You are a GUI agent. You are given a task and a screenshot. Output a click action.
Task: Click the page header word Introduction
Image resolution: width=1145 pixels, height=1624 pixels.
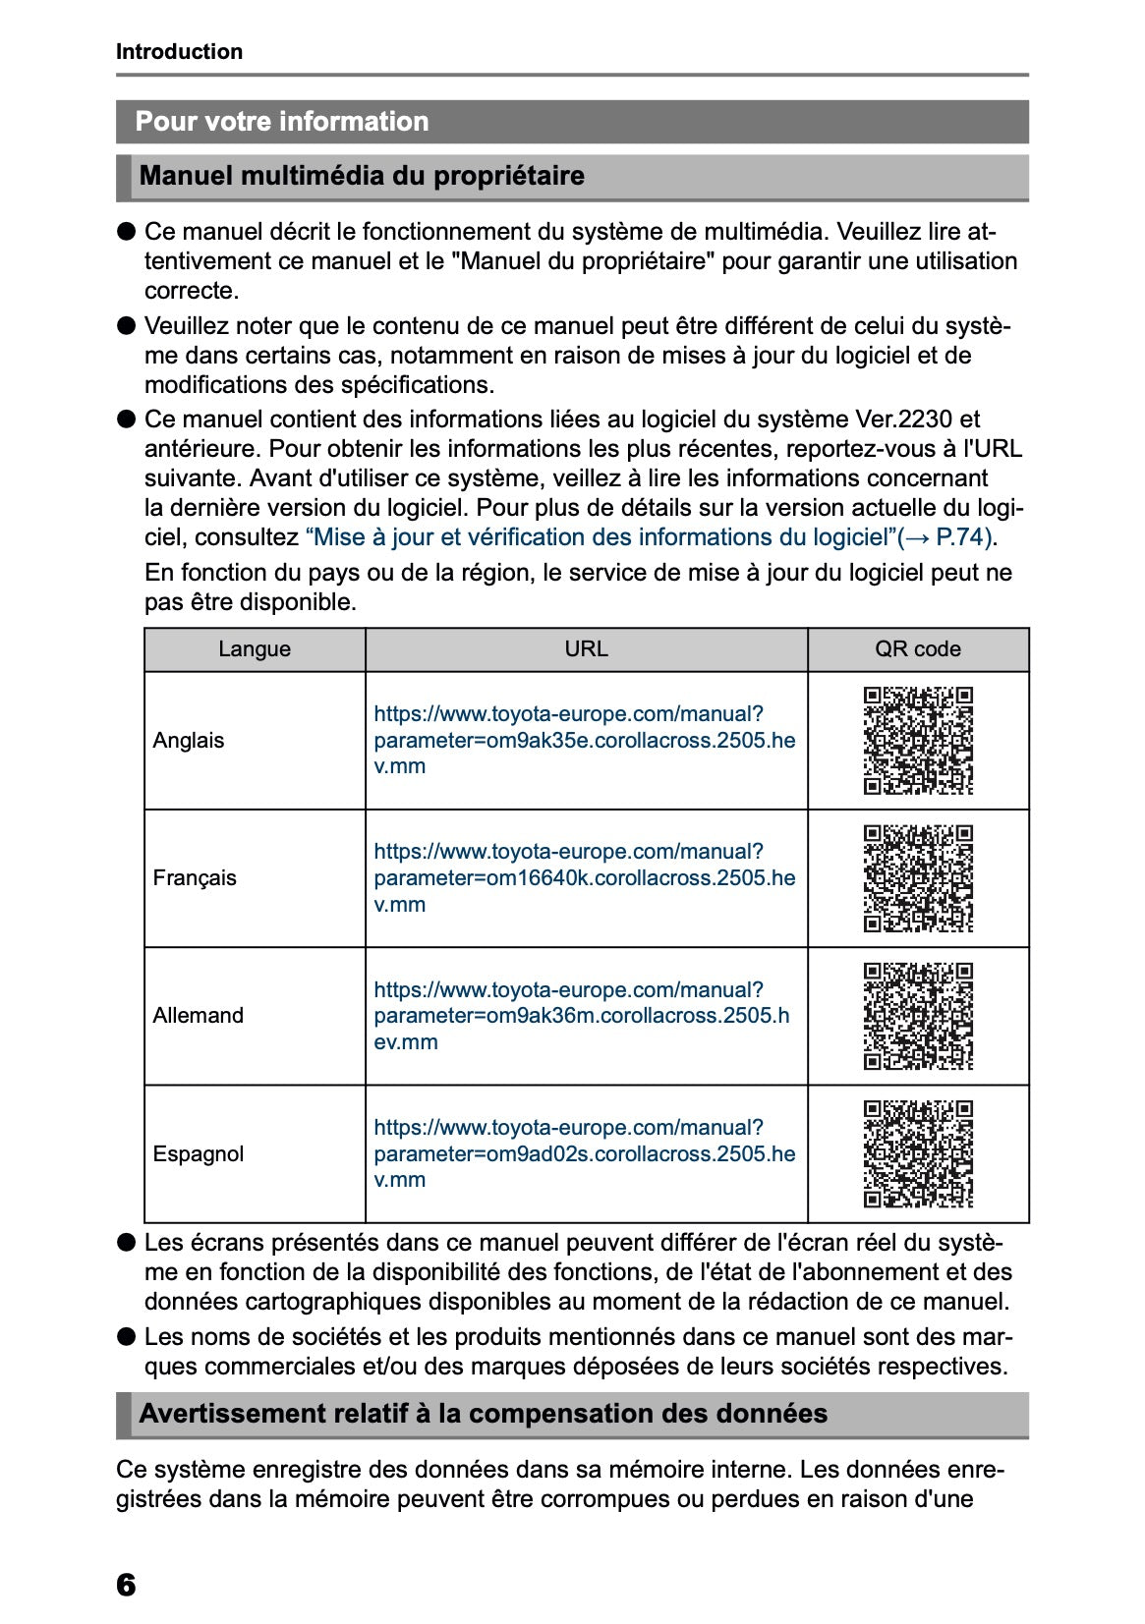click(179, 52)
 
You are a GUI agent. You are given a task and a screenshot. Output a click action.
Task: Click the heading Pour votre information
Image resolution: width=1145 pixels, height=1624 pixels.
click(282, 122)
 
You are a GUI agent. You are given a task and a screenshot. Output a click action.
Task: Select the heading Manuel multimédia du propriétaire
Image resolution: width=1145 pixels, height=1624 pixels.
click(362, 177)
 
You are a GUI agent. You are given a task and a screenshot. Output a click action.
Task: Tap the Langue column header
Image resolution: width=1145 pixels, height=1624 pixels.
click(255, 649)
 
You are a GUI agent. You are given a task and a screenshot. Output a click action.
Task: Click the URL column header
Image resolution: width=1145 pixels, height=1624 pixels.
click(586, 649)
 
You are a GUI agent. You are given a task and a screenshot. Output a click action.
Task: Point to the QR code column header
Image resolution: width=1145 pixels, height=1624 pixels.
click(917, 649)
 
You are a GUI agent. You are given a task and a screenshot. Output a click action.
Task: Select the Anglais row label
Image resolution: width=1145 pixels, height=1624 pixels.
click(189, 741)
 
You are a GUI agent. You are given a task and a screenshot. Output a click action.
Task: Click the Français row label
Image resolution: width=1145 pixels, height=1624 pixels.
click(195, 878)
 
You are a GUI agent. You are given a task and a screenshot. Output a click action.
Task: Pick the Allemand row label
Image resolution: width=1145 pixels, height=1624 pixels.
click(198, 1016)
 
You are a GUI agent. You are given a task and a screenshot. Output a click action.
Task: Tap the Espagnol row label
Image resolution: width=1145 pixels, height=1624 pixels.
click(198, 1154)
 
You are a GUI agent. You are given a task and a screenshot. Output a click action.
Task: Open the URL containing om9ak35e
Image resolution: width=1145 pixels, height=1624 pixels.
click(584, 741)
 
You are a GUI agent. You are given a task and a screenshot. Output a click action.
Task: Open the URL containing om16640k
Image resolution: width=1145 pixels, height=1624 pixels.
click(584, 878)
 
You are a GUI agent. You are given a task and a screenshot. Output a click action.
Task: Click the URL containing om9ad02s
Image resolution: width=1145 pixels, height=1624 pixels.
click(584, 1154)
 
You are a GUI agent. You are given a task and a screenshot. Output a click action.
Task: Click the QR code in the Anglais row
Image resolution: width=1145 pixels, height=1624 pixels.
click(918, 741)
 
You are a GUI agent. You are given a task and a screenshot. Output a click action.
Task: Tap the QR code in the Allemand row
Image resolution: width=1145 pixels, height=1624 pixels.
click(918, 1016)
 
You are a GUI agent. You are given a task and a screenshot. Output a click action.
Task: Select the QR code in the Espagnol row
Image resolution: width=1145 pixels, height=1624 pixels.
click(918, 1154)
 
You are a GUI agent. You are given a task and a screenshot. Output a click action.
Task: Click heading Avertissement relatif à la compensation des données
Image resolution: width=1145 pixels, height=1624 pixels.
click(484, 1415)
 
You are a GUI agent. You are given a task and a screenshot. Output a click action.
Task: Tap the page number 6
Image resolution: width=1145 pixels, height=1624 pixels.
click(126, 1585)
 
